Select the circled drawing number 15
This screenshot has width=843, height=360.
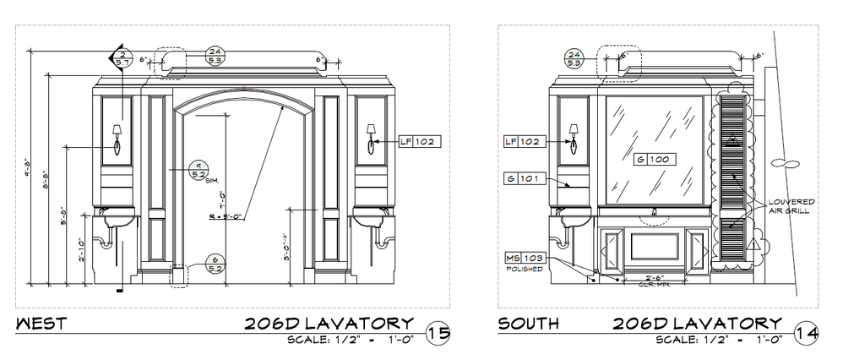point(438,333)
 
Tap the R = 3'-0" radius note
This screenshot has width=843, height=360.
point(226,217)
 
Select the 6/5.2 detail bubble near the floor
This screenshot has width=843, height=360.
point(215,265)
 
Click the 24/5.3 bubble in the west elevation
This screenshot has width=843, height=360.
point(215,56)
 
